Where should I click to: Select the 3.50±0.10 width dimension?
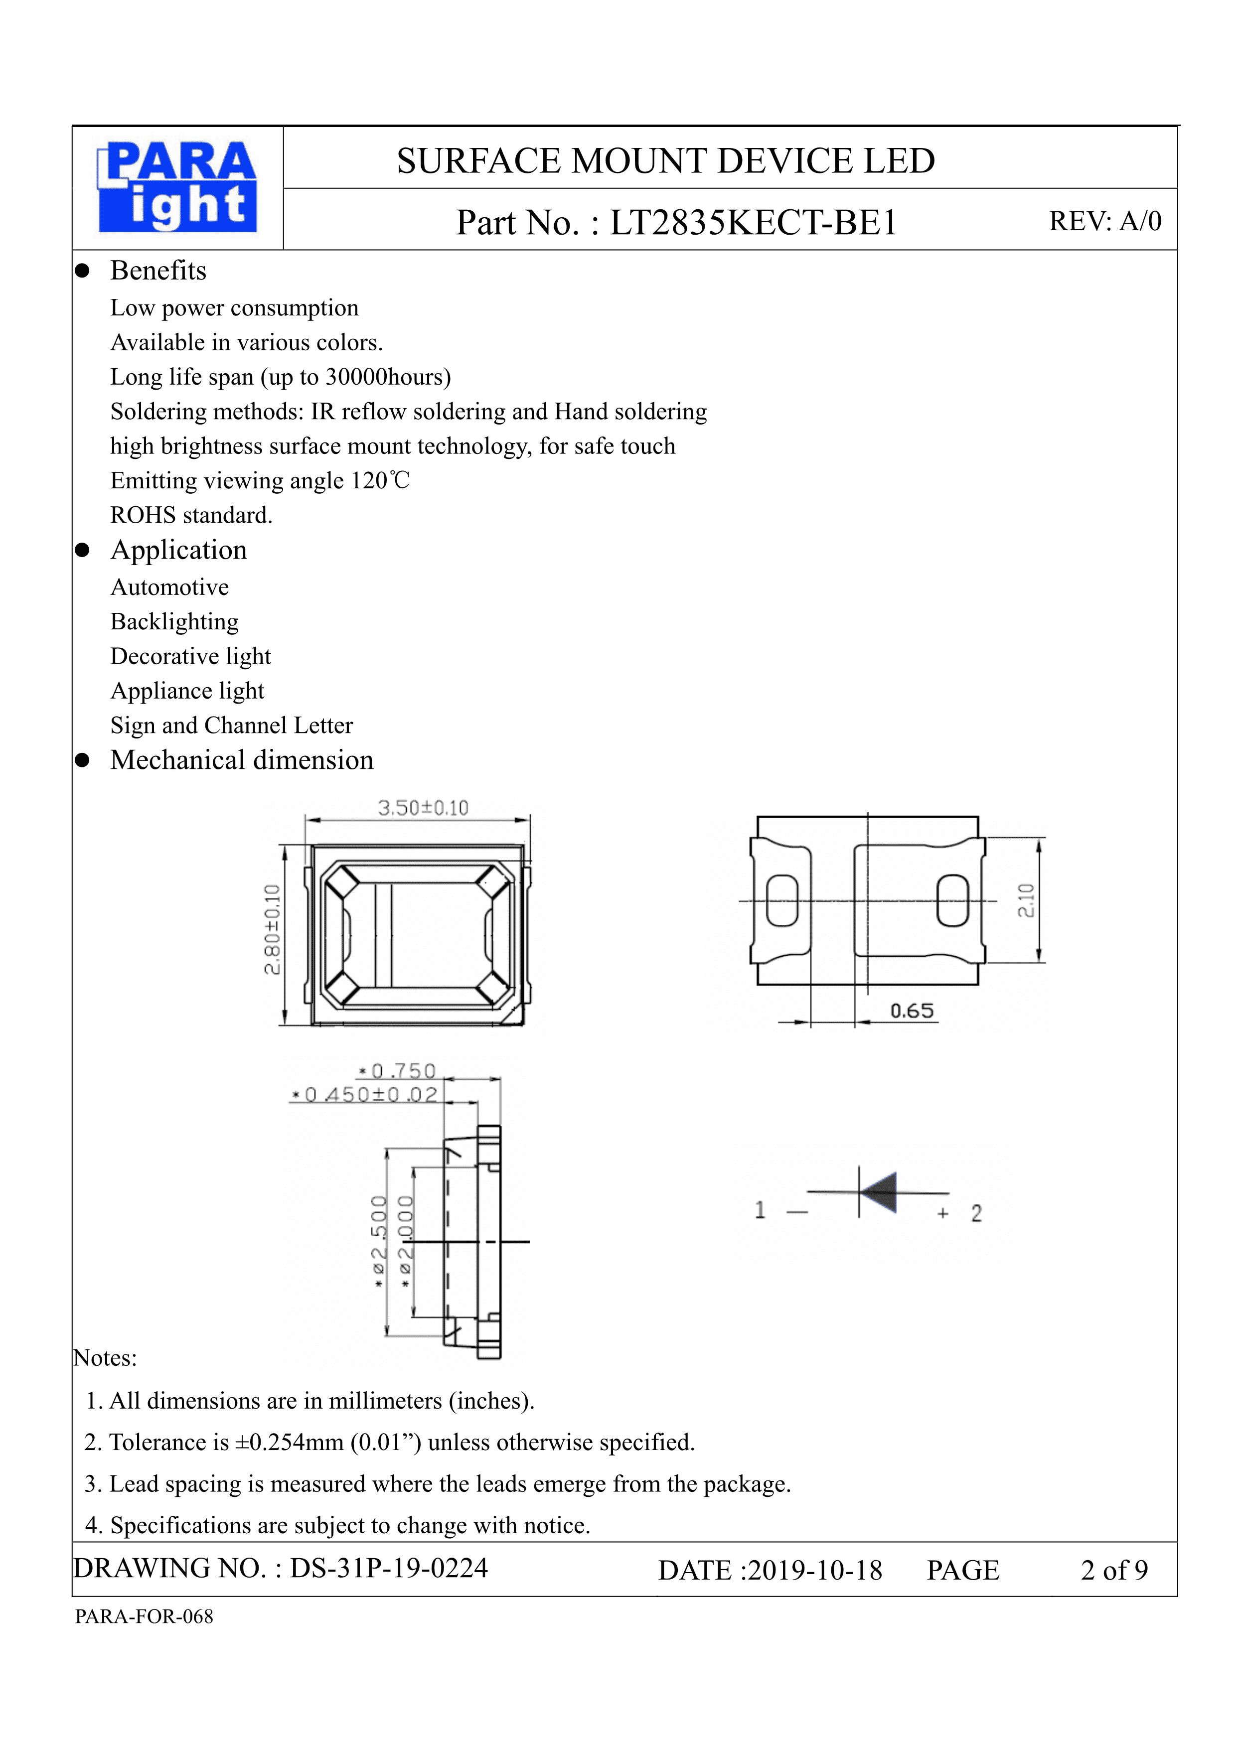423,808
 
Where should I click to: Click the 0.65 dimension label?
912,1011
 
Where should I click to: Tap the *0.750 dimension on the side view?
398,1071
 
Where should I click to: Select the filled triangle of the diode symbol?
880,1192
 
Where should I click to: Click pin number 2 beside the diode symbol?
976,1213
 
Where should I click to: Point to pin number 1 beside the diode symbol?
759,1210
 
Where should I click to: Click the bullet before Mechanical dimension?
82,760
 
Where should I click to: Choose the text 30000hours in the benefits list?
388,377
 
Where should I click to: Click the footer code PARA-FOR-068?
144,1616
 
